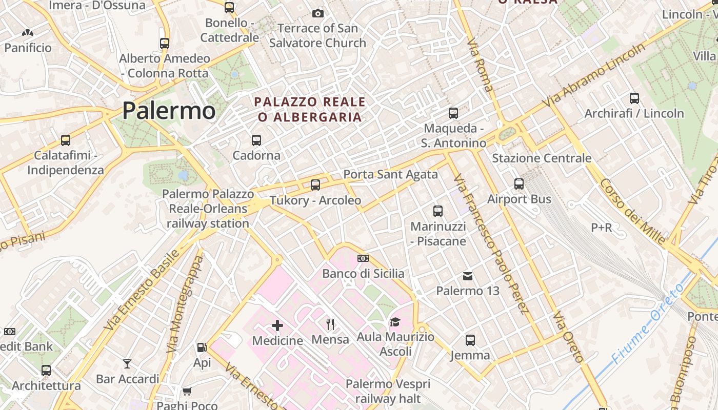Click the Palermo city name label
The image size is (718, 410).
(x=169, y=110)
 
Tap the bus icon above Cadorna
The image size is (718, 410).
(x=256, y=140)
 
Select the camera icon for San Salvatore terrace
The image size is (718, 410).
(x=318, y=13)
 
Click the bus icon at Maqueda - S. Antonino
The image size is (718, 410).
(x=453, y=113)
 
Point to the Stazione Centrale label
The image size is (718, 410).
(x=542, y=158)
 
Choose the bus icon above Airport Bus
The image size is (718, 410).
(x=519, y=184)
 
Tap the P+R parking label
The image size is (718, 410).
(x=602, y=227)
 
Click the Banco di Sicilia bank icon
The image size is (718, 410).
(x=363, y=258)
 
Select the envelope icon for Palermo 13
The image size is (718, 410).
(x=468, y=276)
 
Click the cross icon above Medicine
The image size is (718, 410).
(x=277, y=325)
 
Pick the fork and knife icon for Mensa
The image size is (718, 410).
(x=330, y=324)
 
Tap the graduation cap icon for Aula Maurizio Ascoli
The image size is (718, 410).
(x=395, y=322)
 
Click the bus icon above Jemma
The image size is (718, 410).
(x=470, y=340)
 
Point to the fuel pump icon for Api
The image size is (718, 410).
(x=202, y=347)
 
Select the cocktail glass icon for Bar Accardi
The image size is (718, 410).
(x=127, y=364)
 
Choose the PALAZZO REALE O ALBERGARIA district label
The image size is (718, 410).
(x=310, y=109)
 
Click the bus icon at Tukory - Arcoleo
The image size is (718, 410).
(x=315, y=185)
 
